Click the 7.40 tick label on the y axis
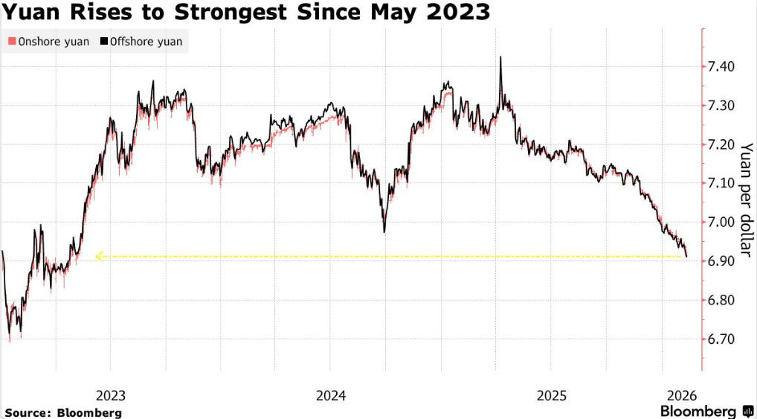tap(721, 67)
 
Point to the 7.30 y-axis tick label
tap(721, 106)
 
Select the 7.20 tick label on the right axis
tap(721, 144)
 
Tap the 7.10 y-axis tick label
tap(721, 183)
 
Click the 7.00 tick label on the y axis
tap(721, 223)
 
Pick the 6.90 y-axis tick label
tap(721, 261)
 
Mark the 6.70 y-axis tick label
tap(721, 339)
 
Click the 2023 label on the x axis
tap(111, 395)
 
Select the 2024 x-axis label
tap(330, 395)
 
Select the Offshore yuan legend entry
tap(145, 42)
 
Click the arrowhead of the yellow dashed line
tap(98, 257)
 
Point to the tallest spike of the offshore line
tap(500, 57)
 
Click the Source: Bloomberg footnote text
tap(63, 412)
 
